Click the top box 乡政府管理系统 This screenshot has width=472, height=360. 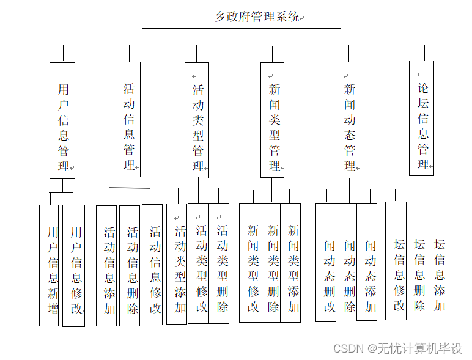pyautogui.click(x=241, y=15)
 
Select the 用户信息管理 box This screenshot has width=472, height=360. pyautogui.click(x=62, y=120)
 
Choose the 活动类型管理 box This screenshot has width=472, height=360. pyautogui.click(x=197, y=120)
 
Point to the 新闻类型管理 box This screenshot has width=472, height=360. pyautogui.click(x=273, y=120)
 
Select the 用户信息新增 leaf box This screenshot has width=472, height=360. pyautogui.click(x=50, y=265)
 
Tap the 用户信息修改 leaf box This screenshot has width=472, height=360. pyautogui.click(x=75, y=265)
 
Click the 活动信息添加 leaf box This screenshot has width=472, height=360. pyautogui.click(x=107, y=265)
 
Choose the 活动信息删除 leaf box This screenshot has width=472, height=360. pyautogui.click(x=130, y=265)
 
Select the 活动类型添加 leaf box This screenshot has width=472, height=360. pyautogui.click(x=178, y=264)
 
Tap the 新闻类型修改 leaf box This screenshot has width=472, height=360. pyautogui.click(x=251, y=263)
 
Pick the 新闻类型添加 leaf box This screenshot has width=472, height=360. pyautogui.click(x=292, y=263)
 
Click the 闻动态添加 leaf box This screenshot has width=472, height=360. pyautogui.click(x=367, y=263)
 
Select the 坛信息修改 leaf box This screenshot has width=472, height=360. pyautogui.click(x=397, y=261)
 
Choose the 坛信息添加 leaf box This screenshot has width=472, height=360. pyautogui.click(x=437, y=261)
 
